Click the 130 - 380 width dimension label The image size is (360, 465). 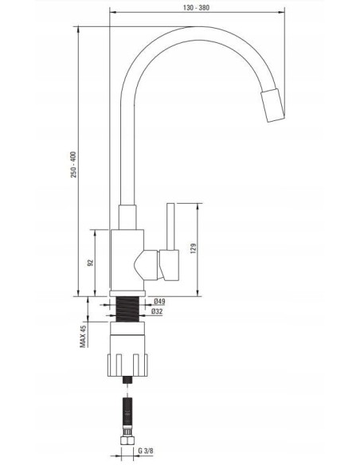pos(196,8)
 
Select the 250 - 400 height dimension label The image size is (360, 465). pos(73,165)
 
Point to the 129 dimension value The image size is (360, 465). pos(194,248)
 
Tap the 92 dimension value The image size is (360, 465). pos(91,263)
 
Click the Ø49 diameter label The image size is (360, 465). pos(159,302)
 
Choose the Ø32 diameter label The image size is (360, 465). pos(157,311)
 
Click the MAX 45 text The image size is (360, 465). pos(83,336)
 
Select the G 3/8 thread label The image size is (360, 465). pos(146,451)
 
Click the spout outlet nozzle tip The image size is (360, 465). pos(273,105)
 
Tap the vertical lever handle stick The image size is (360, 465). pos(170,227)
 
